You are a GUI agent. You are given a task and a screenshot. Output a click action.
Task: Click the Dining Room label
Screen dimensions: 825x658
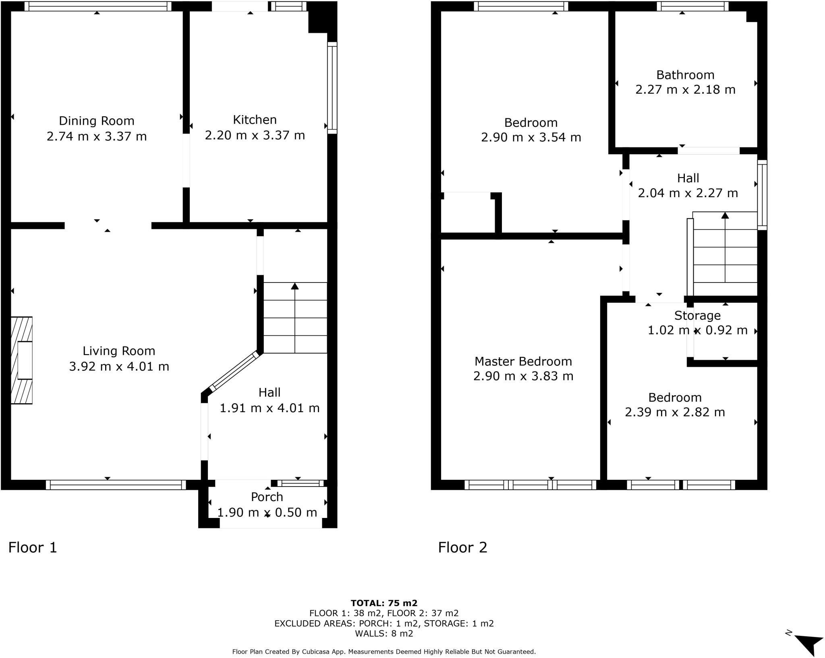97,121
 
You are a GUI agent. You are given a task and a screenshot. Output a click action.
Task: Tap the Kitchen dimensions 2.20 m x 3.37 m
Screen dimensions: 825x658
255,135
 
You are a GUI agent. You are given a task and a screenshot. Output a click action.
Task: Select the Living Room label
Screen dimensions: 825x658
119,351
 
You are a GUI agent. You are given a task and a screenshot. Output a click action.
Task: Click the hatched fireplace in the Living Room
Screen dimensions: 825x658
21,360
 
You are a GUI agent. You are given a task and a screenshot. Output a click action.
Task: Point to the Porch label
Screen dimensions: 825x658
267,497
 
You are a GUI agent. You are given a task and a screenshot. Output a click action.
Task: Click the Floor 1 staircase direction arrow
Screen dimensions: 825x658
295,318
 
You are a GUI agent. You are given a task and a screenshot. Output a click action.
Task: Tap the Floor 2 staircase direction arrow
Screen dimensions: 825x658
725,247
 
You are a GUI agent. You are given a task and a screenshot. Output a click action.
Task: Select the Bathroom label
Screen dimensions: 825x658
685,75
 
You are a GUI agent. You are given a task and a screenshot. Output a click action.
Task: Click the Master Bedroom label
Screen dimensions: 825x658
523,361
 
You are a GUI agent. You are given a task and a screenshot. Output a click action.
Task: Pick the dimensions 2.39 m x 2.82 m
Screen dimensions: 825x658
675,413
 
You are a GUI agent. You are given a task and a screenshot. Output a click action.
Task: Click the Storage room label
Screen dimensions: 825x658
697,316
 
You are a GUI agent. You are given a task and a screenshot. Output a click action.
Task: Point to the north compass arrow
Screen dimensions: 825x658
808,645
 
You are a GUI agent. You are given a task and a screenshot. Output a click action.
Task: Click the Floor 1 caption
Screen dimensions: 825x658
33,547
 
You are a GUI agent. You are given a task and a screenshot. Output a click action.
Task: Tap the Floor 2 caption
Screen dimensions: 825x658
462,547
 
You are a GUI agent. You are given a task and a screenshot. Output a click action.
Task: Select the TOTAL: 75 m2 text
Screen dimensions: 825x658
384,603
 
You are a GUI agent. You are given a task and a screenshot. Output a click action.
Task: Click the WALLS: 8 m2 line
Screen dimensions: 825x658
384,633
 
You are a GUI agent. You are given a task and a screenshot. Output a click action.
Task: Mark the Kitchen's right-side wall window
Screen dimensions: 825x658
332,88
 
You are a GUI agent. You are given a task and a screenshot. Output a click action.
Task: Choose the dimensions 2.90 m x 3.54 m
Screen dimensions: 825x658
531,138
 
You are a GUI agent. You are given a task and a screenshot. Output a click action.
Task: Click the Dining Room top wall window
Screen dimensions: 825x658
98,6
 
